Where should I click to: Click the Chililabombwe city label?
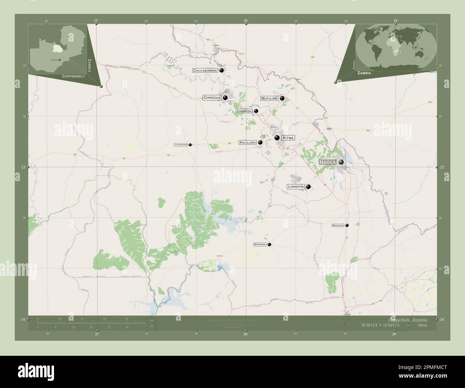click(x=205, y=71)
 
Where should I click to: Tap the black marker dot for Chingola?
click(x=225, y=97)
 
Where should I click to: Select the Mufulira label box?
click(x=269, y=98)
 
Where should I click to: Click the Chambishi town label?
click(x=244, y=111)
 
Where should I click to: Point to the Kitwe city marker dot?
click(x=277, y=137)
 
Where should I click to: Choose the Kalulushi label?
click(x=248, y=142)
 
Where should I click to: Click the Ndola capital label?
click(x=328, y=162)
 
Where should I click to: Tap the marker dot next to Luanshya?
click(x=308, y=186)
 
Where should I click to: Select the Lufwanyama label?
click(x=181, y=145)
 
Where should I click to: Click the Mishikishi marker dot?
click(x=347, y=225)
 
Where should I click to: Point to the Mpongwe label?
click(x=260, y=244)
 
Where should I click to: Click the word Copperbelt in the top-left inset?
click(x=73, y=76)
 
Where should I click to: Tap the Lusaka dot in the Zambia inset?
click(x=60, y=60)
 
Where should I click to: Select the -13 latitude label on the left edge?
click(x=23, y=167)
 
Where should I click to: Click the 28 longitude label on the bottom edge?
click(x=246, y=334)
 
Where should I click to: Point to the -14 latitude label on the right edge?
click(x=442, y=319)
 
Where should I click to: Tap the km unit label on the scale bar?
click(x=152, y=320)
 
